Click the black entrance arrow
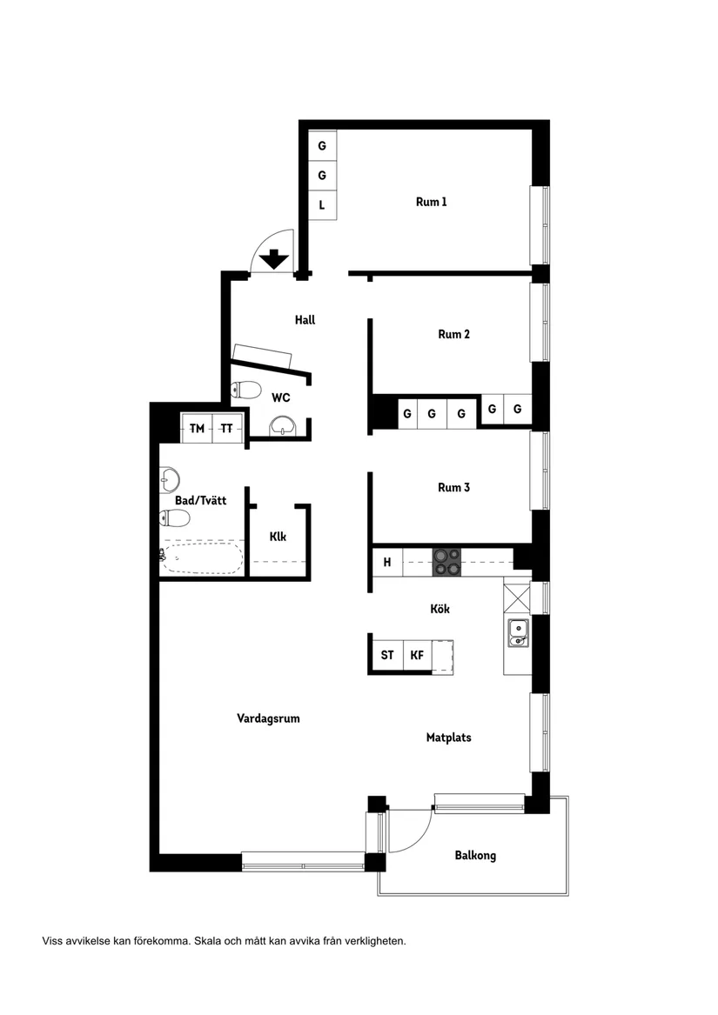click(x=274, y=259)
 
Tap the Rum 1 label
click(x=431, y=202)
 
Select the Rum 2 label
click(x=453, y=334)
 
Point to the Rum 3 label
click(x=453, y=487)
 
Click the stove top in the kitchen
click(x=447, y=562)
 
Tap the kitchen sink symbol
click(x=518, y=633)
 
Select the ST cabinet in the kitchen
click(x=387, y=655)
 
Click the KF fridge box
click(x=418, y=655)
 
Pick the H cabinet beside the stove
click(x=387, y=562)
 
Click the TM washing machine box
click(x=197, y=429)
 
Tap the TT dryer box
click(x=227, y=429)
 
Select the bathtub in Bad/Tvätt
click(x=202, y=558)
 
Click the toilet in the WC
click(x=245, y=390)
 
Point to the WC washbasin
click(x=283, y=426)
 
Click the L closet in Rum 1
click(x=322, y=205)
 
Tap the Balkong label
click(x=475, y=855)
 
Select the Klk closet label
click(x=278, y=537)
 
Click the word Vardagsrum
click(x=268, y=718)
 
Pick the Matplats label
click(x=448, y=738)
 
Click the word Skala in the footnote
click(x=207, y=941)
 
